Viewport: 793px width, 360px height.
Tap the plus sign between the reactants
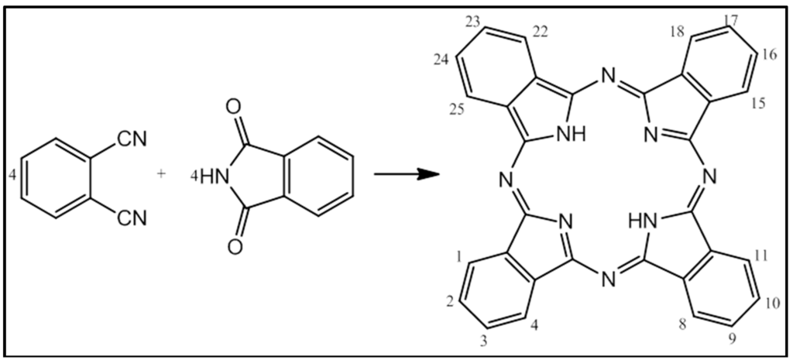click(161, 174)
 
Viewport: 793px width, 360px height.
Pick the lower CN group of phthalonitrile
click(132, 220)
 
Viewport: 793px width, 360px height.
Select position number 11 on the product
click(759, 254)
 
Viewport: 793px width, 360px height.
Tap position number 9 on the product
click(731, 338)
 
